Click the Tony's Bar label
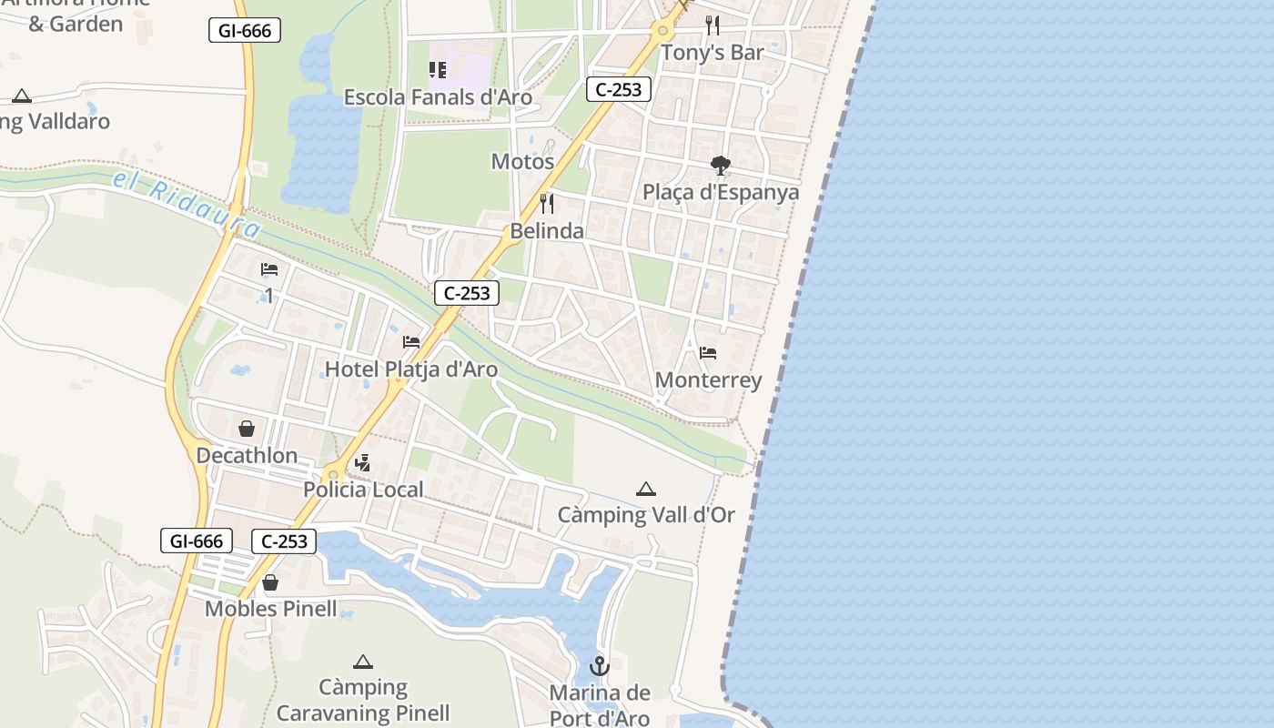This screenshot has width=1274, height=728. [712, 53]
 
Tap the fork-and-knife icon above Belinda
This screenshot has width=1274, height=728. [547, 203]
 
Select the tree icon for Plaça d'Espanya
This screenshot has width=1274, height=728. [721, 166]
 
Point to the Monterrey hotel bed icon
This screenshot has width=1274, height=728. [708, 353]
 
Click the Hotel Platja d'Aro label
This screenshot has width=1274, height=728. [411, 369]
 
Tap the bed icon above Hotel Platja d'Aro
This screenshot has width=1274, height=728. [411, 342]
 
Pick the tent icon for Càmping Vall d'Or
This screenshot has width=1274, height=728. [646, 490]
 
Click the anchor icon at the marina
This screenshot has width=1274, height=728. [599, 666]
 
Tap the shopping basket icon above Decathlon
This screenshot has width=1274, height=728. [247, 428]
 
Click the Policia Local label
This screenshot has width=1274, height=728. [363, 490]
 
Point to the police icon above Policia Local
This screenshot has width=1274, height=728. [363, 463]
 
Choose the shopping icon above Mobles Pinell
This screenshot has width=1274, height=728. [270, 582]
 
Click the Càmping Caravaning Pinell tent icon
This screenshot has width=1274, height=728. [363, 662]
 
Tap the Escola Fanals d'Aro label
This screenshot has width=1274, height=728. [438, 96]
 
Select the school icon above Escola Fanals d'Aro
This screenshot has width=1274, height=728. [438, 70]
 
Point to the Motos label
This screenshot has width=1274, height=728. [522, 161]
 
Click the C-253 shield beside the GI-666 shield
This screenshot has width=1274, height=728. [284, 541]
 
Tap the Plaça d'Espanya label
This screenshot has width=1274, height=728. [721, 192]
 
